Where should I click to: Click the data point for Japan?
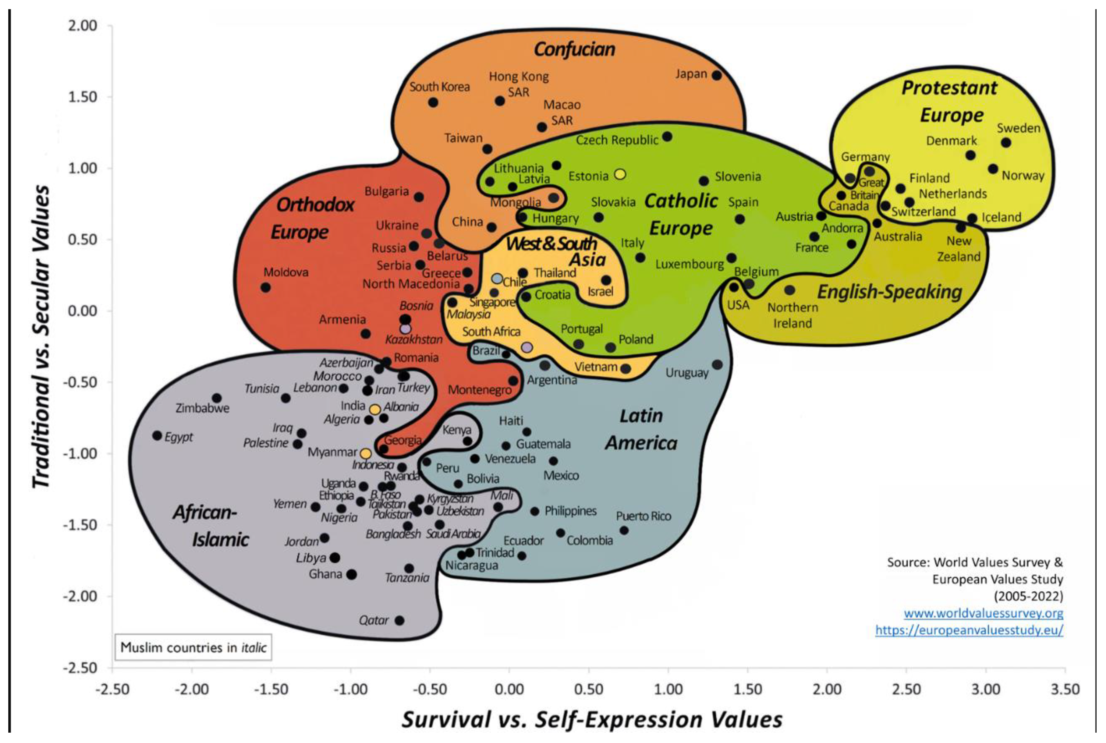click(716, 75)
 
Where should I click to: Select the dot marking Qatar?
click(399, 620)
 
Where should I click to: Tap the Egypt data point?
click(157, 436)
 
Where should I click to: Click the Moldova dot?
click(266, 287)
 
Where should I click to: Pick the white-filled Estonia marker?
click(620, 174)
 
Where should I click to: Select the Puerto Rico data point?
click(624, 530)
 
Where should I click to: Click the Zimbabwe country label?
click(202, 408)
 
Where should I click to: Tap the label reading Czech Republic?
click(617, 140)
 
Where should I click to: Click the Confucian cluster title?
click(574, 49)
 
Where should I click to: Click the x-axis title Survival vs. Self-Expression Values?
click(592, 719)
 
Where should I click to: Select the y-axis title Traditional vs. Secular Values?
click(41, 336)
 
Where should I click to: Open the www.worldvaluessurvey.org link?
click(983, 613)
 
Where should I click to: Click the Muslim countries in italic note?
click(193, 647)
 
